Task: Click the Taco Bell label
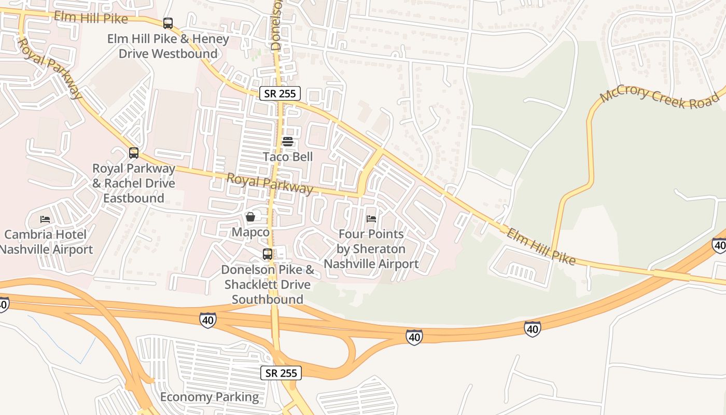click(x=288, y=157)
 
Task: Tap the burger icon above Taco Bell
click(x=288, y=141)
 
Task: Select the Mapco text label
click(x=250, y=232)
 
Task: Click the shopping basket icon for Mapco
click(x=250, y=216)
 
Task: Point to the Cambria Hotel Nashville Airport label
click(x=46, y=242)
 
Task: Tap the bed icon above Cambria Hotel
click(x=45, y=219)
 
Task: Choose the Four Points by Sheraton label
click(x=371, y=249)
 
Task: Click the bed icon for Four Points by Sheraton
click(x=371, y=219)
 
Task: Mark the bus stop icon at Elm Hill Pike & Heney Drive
click(x=167, y=23)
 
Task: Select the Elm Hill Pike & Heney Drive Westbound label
click(x=168, y=46)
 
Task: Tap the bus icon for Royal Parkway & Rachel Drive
click(x=134, y=153)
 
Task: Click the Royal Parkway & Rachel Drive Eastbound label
click(x=134, y=183)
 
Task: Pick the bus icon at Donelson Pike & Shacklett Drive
click(x=268, y=254)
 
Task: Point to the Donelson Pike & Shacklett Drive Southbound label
click(x=268, y=284)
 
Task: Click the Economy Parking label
click(x=210, y=397)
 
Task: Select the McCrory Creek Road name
click(x=660, y=98)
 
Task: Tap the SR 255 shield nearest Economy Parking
click(x=281, y=373)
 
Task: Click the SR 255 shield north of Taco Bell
click(x=280, y=94)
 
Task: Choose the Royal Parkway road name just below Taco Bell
click(x=270, y=183)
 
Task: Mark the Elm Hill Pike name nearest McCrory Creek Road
click(x=540, y=246)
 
